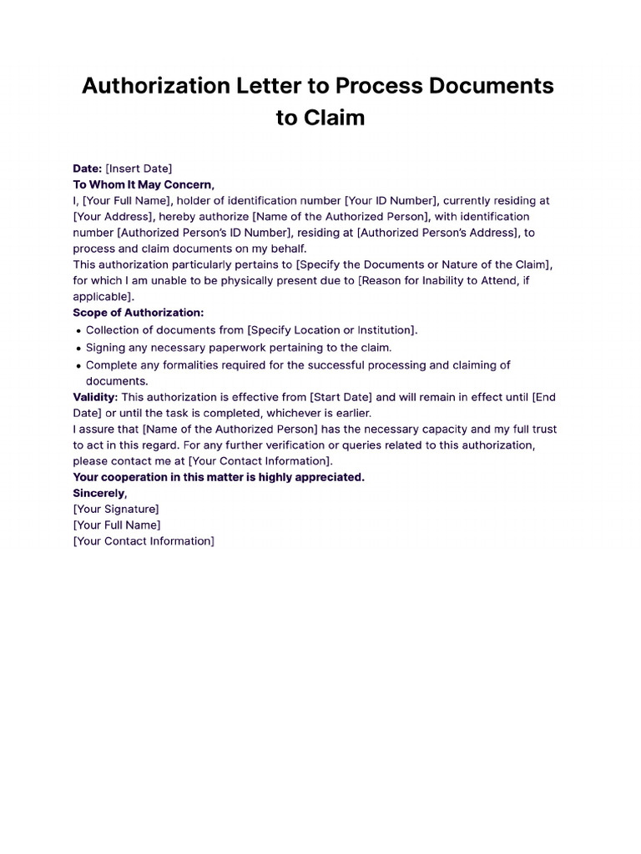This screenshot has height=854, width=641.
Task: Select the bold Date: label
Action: pyautogui.click(x=87, y=168)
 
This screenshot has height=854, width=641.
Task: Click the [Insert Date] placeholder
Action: pyautogui.click(x=139, y=168)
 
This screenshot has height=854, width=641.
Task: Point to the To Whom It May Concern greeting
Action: pyautogui.click(x=144, y=184)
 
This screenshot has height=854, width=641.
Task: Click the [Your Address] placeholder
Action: pyautogui.click(x=113, y=217)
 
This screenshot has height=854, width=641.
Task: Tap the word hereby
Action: pyautogui.click(x=181, y=217)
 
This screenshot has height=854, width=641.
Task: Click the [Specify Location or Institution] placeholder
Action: pyautogui.click(x=332, y=329)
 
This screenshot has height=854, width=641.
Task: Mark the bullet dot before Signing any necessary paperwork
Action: pyautogui.click(x=78, y=349)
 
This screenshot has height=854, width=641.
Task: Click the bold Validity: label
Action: pyautogui.click(x=95, y=397)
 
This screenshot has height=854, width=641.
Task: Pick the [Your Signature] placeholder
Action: pyautogui.click(x=116, y=509)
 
